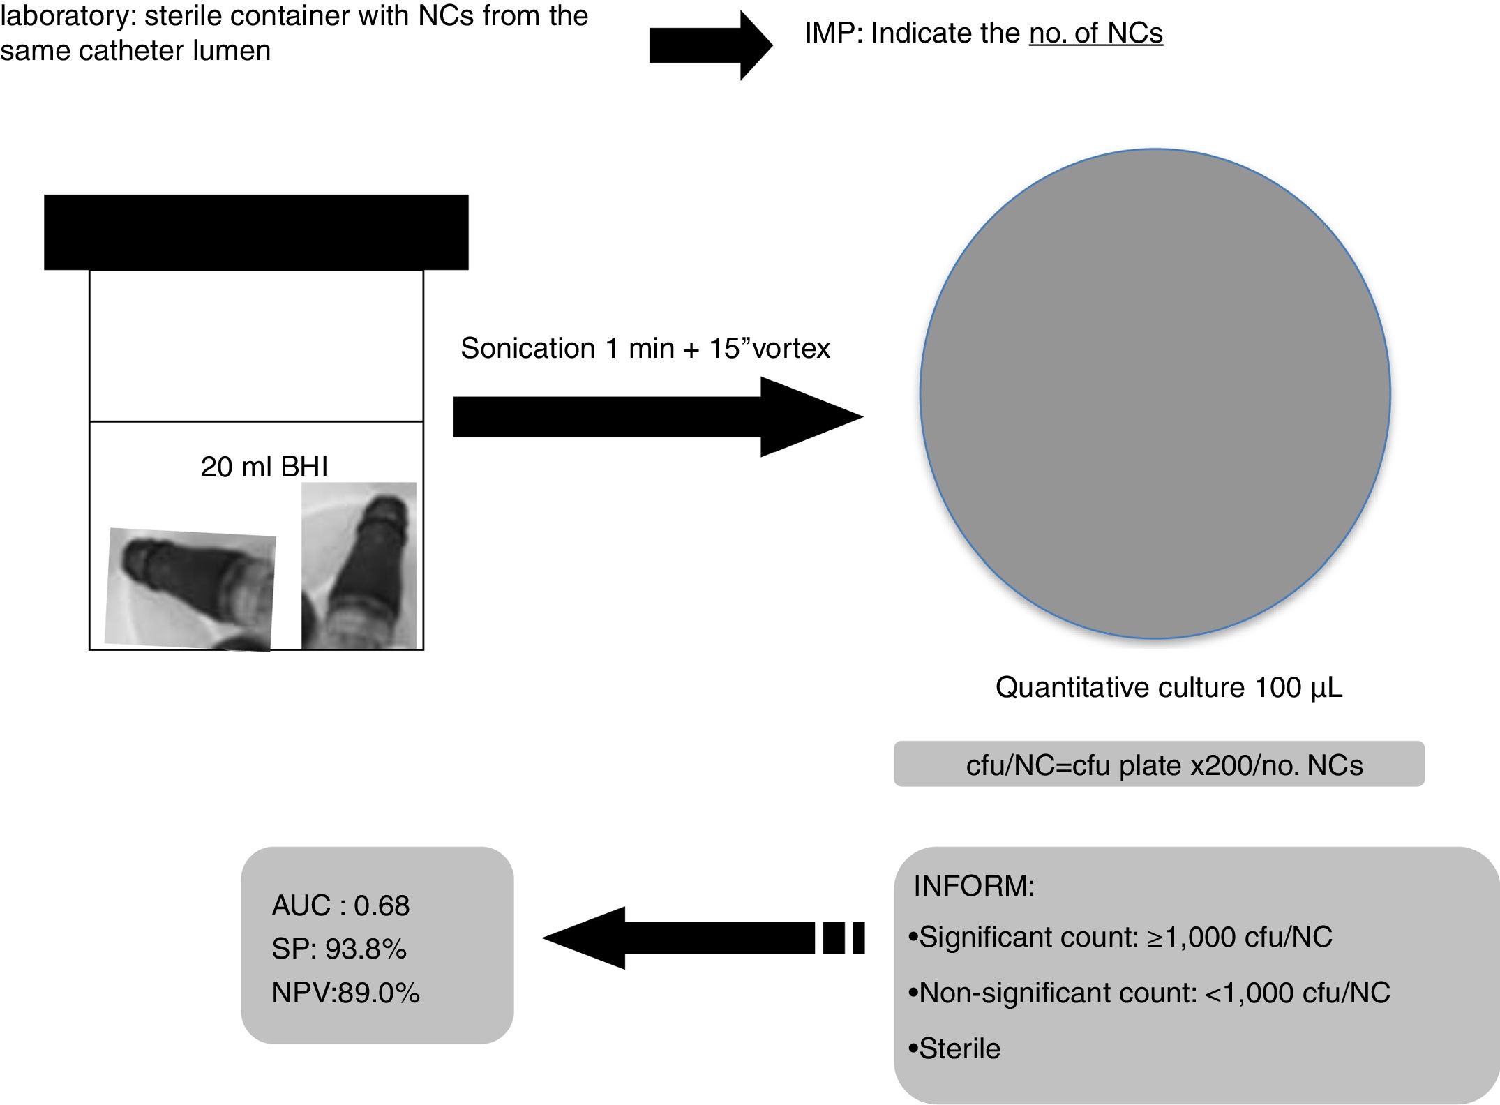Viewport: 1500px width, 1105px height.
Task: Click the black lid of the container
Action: [256, 232]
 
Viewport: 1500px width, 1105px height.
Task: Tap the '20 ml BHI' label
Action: [264, 467]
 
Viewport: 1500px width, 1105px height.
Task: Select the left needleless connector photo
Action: [190, 589]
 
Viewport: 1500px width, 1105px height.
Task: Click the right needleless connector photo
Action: [359, 565]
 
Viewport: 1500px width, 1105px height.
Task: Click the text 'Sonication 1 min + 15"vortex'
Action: [645, 348]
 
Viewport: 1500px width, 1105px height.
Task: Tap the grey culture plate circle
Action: [1155, 393]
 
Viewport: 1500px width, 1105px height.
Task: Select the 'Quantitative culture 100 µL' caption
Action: [1169, 687]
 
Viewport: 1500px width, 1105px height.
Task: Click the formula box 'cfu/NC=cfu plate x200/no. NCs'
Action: [1159, 765]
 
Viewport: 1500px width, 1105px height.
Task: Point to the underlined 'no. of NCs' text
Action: [1095, 33]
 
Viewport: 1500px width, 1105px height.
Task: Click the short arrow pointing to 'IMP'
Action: [710, 45]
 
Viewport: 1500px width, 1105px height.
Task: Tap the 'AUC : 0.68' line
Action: [340, 905]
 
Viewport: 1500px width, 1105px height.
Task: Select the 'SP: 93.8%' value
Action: [339, 949]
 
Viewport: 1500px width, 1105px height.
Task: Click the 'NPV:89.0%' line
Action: [345, 993]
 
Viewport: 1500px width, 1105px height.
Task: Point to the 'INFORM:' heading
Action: [974, 885]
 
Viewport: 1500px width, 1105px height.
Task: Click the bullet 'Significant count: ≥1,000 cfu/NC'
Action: [1120, 937]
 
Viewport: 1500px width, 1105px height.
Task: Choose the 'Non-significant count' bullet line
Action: [1149, 993]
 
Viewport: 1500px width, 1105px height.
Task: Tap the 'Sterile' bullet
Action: [955, 1048]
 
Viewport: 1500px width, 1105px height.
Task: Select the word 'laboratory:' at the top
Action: [66, 15]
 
